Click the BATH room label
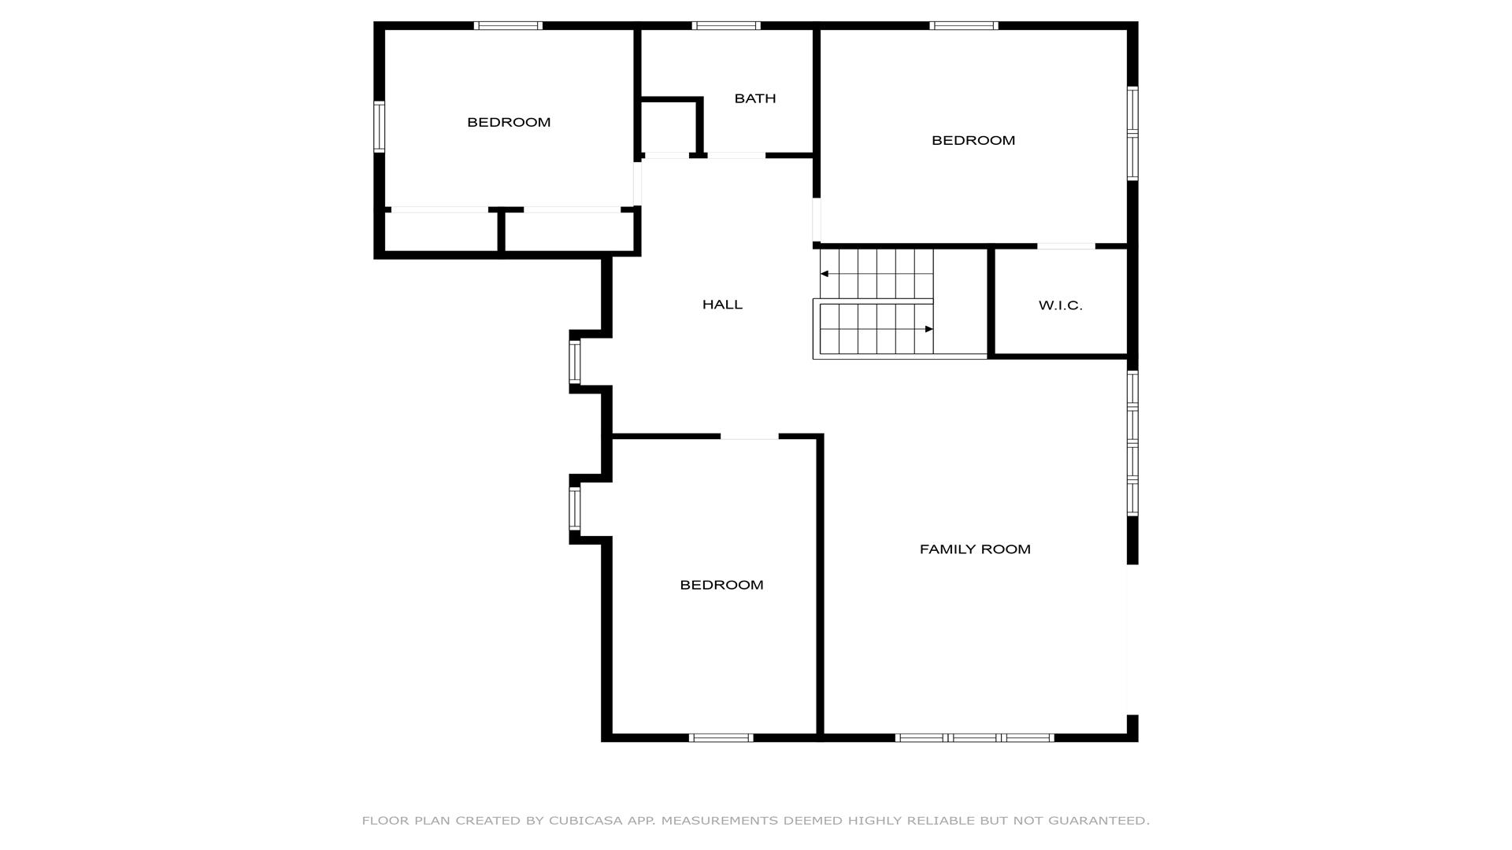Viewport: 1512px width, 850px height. click(755, 98)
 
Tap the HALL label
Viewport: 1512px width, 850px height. click(722, 305)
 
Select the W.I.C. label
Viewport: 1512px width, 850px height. click(1060, 305)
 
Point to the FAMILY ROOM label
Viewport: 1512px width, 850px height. click(975, 549)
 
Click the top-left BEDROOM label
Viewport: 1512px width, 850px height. click(509, 122)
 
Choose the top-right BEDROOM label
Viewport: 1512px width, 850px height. click(973, 140)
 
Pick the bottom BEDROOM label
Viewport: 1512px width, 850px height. click(721, 585)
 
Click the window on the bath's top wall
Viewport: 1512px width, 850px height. click(726, 26)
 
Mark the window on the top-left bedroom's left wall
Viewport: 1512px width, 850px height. click(379, 127)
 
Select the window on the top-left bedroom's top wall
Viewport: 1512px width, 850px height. click(508, 26)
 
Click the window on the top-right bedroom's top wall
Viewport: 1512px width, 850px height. click(964, 26)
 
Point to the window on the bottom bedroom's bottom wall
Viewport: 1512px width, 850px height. click(721, 737)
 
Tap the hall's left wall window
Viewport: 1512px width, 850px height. click(575, 362)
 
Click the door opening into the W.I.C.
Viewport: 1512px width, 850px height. click(1065, 246)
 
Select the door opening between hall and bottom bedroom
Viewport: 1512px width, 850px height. click(749, 436)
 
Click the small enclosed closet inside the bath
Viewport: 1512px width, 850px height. click(669, 127)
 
